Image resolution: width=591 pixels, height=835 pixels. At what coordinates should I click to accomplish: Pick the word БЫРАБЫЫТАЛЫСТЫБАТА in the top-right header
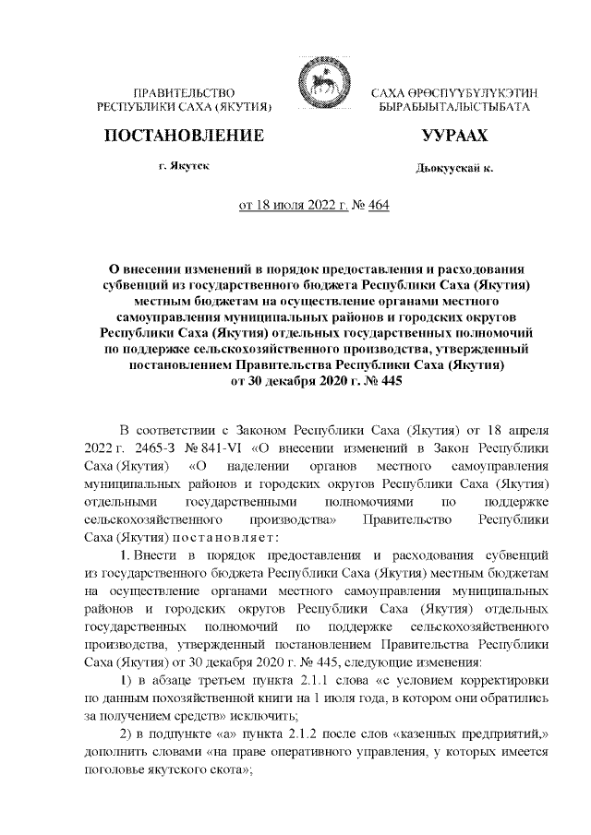tap(453, 108)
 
